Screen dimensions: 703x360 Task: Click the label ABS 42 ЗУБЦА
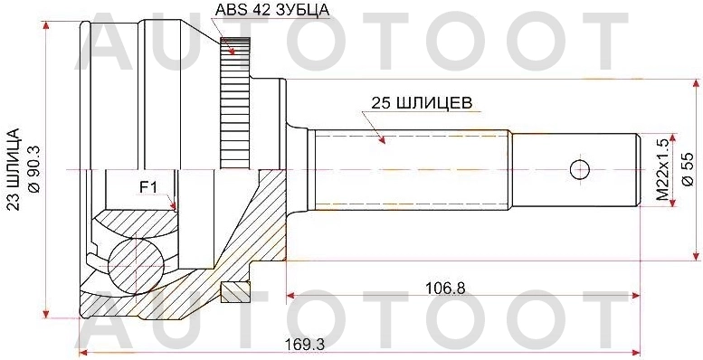click(x=272, y=9)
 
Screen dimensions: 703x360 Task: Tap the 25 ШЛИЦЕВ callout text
click(x=421, y=103)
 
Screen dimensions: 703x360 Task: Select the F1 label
click(x=147, y=187)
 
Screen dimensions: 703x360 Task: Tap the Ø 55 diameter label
click(x=688, y=169)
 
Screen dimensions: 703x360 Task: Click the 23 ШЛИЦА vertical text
click(x=14, y=169)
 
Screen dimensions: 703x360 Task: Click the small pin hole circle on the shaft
click(x=580, y=170)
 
